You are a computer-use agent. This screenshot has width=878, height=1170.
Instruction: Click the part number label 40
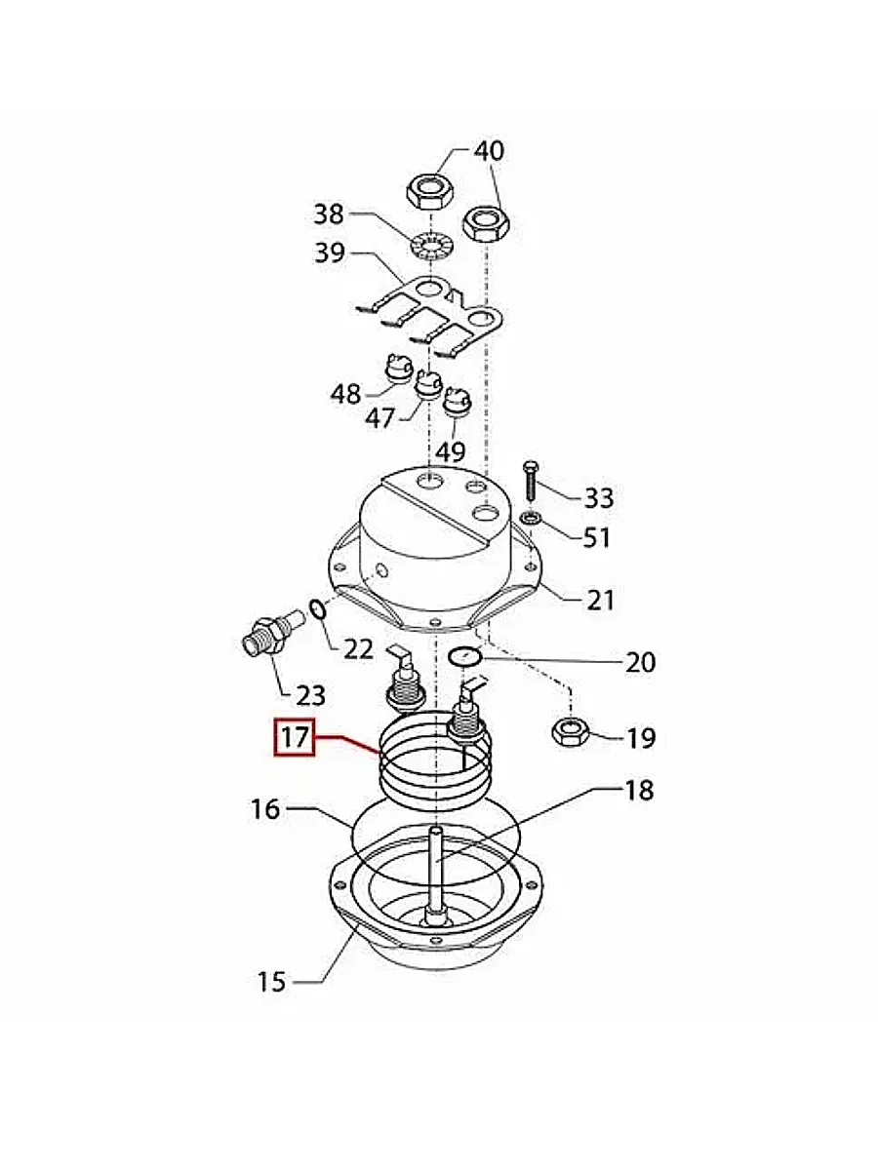(x=489, y=151)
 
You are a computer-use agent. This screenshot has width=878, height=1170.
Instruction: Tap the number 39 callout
(x=330, y=253)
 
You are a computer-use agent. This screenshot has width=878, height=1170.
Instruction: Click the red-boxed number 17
(x=294, y=738)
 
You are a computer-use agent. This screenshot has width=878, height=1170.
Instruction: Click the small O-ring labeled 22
(x=318, y=610)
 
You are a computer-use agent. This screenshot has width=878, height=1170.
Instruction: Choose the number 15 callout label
(x=272, y=981)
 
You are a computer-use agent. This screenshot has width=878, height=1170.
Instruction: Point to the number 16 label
(x=264, y=809)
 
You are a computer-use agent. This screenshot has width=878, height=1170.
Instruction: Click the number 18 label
(x=638, y=790)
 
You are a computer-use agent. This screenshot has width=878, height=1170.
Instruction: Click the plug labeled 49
(x=457, y=401)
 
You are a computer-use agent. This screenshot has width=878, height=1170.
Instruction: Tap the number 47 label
(x=379, y=418)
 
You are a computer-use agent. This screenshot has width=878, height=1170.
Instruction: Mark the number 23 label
(x=309, y=695)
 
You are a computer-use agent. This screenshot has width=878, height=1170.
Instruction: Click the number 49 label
(x=450, y=451)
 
